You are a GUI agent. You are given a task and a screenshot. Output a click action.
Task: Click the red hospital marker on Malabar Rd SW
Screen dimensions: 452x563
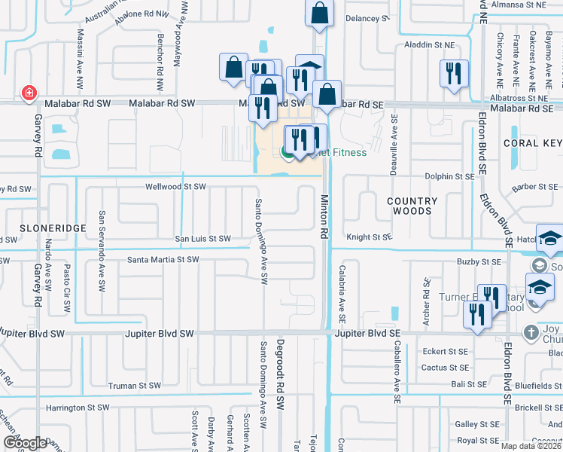(29, 92)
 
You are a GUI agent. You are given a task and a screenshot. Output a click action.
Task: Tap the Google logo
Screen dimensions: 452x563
(26, 443)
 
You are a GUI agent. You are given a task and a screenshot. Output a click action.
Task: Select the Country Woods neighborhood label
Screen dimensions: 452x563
(412, 206)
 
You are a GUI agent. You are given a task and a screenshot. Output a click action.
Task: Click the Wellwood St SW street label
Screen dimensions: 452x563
(175, 186)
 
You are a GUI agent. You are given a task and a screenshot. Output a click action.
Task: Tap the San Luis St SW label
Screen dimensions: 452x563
(202, 239)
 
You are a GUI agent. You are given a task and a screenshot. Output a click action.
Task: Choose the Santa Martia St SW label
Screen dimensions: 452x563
(163, 260)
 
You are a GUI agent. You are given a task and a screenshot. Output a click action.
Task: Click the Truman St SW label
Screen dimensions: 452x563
(134, 385)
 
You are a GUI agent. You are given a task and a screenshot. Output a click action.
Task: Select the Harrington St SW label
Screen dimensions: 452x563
(78, 408)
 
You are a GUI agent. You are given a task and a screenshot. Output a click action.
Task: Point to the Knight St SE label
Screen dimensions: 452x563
(370, 237)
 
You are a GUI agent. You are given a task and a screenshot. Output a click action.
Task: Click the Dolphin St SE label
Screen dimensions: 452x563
(450, 176)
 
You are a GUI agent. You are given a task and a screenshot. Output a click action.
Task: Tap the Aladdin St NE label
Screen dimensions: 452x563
(431, 45)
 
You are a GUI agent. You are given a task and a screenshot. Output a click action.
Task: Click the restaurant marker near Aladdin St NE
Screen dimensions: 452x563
(453, 73)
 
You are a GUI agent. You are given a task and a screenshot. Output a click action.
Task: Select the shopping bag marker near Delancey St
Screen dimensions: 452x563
(319, 13)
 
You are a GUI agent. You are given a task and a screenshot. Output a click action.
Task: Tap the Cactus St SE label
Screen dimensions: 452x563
(446, 368)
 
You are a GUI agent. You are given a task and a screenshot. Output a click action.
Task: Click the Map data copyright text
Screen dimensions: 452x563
(531, 446)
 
